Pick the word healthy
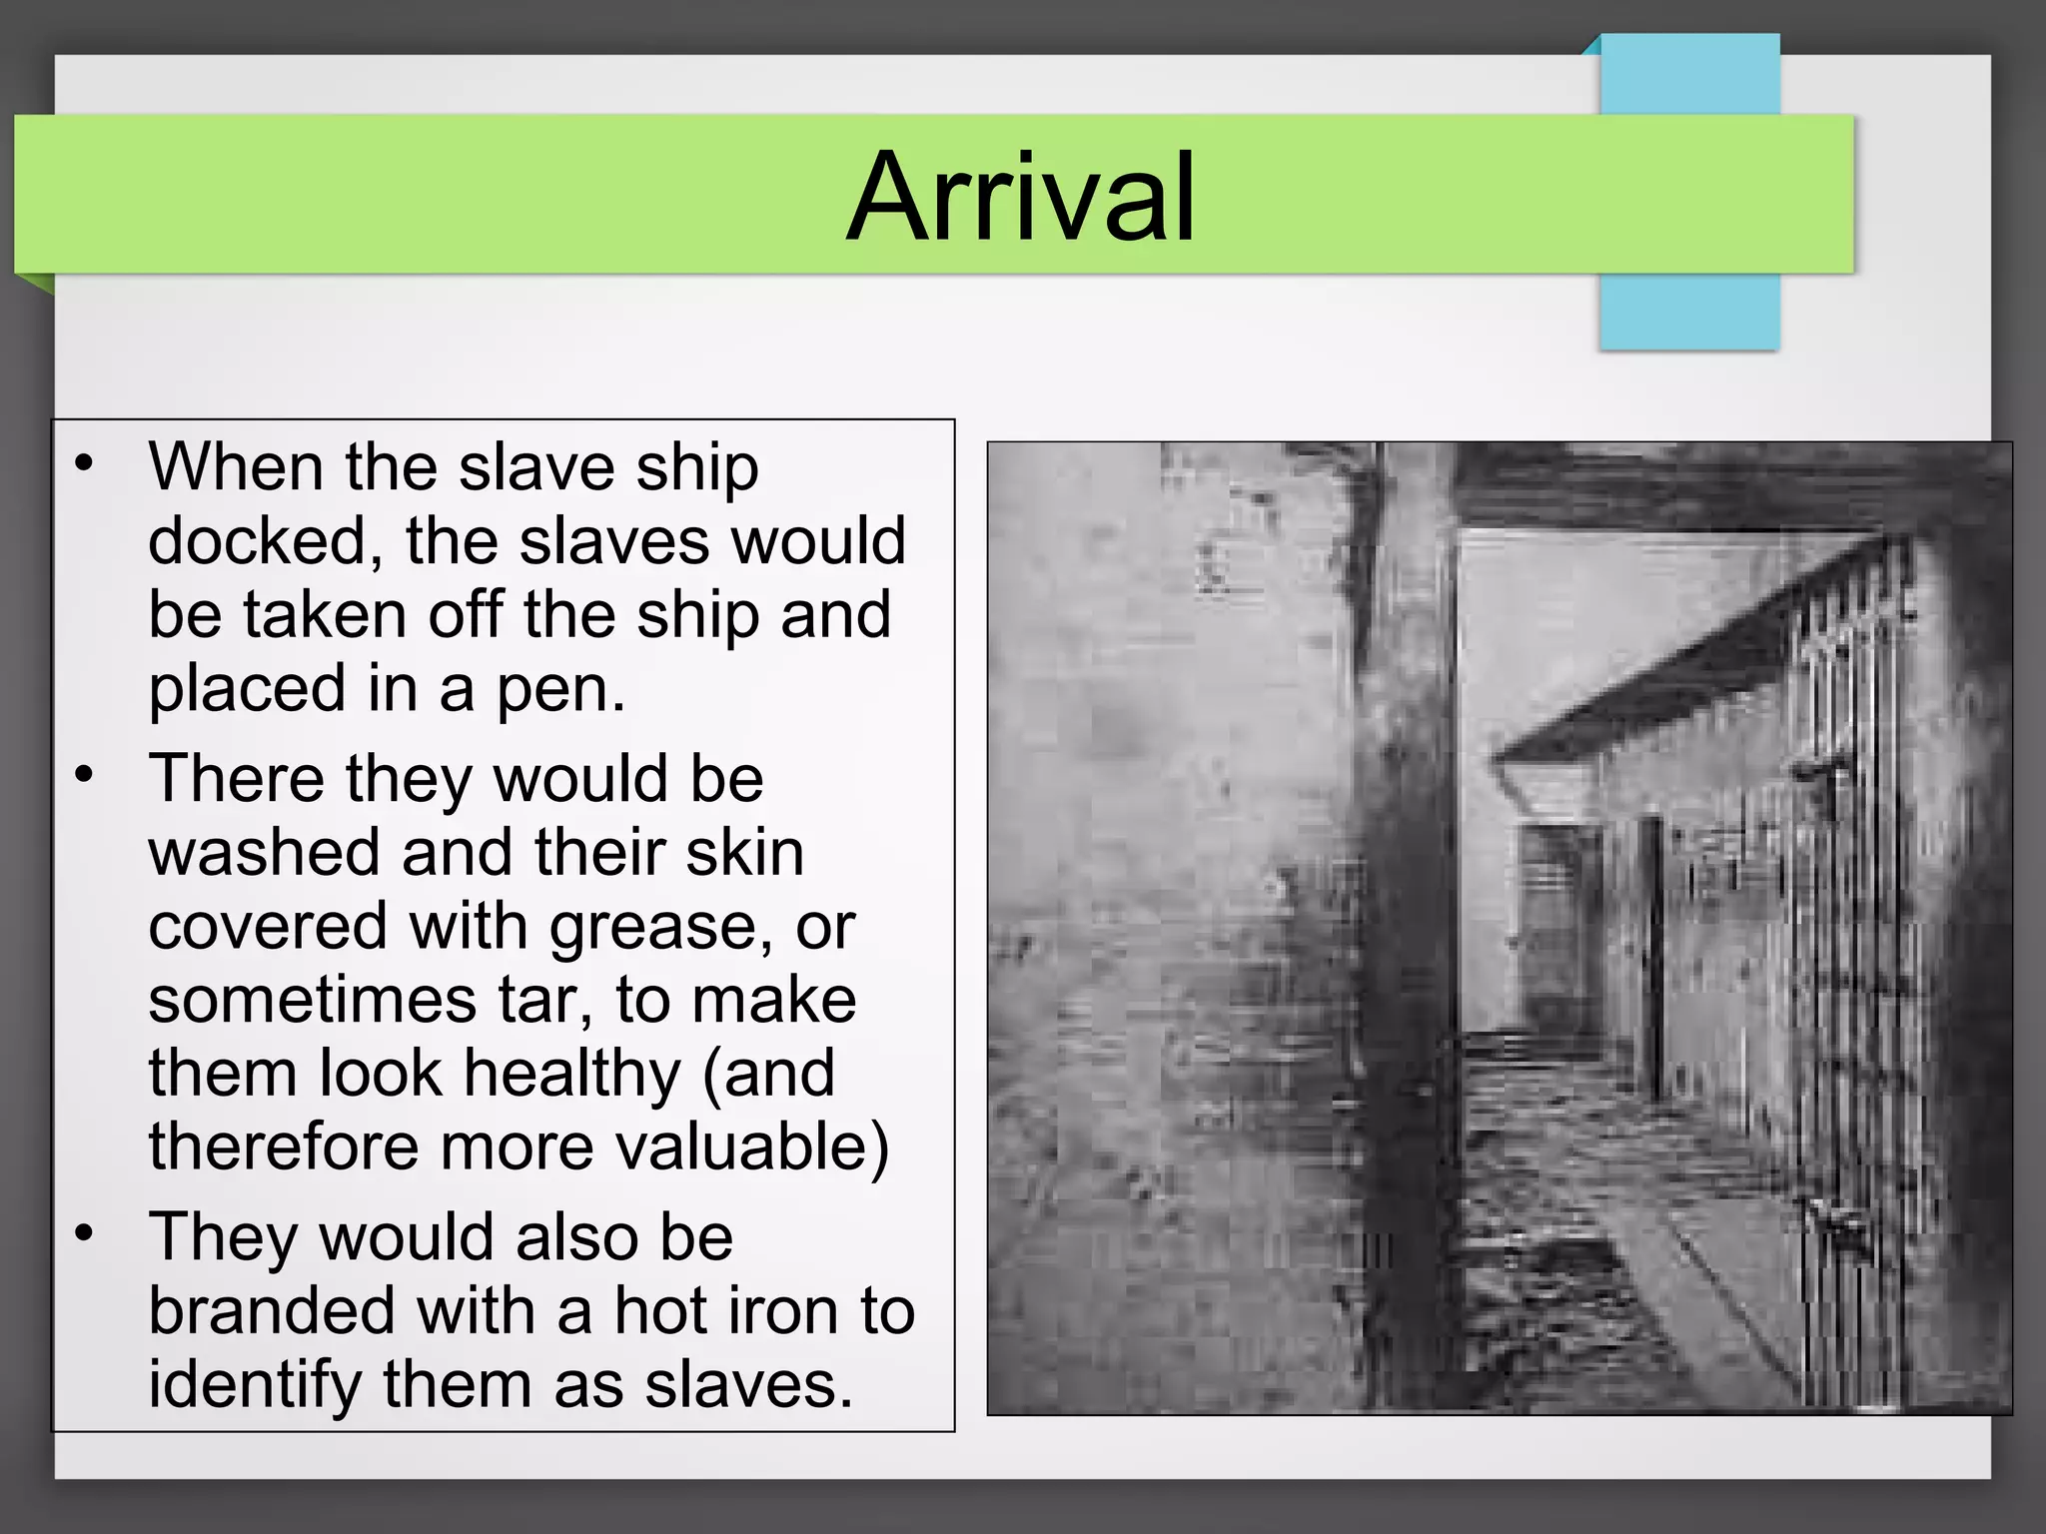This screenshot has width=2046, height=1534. click(x=571, y=1074)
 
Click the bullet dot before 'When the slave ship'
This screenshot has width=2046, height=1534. click(x=84, y=463)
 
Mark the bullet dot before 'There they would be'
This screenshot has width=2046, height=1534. click(x=84, y=775)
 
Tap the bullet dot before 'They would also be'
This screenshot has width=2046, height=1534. click(x=84, y=1234)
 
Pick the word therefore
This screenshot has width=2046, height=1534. click(x=283, y=1147)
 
